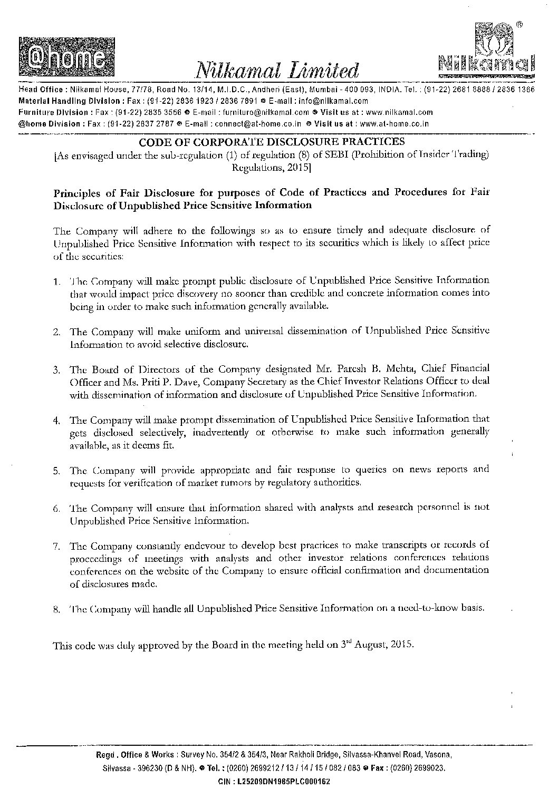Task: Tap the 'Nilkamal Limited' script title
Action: click(x=277, y=70)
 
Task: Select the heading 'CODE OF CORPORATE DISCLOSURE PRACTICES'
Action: click(x=272, y=141)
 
